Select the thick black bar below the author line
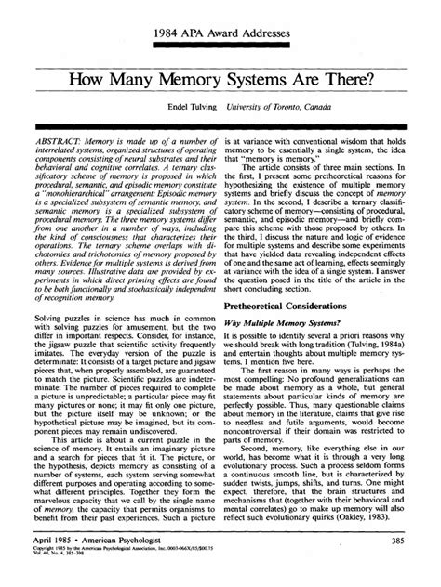pyautogui.click(x=220, y=123)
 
